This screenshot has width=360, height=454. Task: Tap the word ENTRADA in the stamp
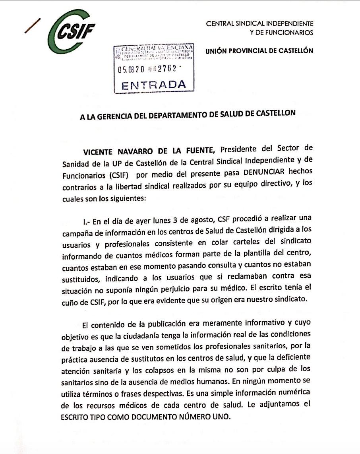153,85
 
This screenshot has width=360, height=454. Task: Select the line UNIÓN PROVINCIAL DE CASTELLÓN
259,51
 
